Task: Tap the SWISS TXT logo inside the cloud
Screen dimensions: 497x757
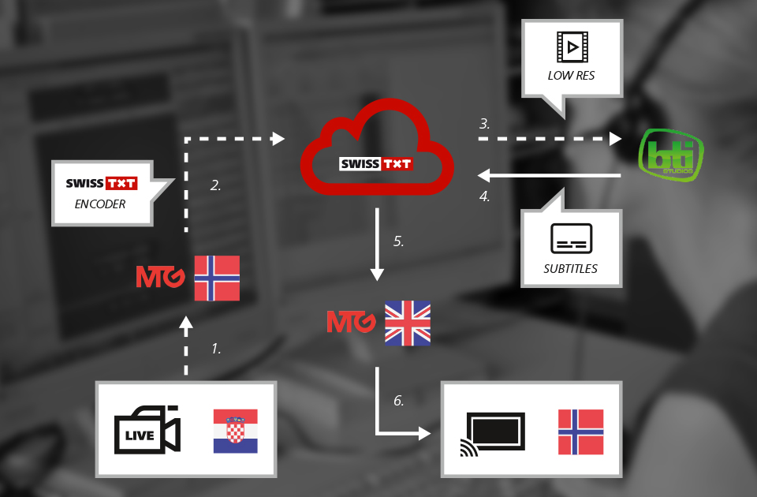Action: point(375,164)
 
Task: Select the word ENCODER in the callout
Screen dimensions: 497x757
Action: point(101,204)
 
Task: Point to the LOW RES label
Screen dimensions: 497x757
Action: point(571,76)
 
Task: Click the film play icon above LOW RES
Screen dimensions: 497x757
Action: point(572,47)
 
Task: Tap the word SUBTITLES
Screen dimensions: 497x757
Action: point(570,268)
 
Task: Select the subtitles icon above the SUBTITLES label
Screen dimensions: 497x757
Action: point(570,238)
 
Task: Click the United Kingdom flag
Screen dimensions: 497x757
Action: point(408,323)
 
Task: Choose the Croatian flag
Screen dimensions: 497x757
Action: point(235,431)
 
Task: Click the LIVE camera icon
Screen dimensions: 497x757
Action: point(147,430)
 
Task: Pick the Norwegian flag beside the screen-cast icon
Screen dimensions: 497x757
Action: point(580,432)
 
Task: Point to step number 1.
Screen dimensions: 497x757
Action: point(216,347)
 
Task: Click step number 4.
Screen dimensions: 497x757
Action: point(484,196)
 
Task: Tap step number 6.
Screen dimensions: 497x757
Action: point(399,401)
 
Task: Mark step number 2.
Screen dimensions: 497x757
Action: point(215,186)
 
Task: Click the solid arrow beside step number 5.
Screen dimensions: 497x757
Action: point(377,245)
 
